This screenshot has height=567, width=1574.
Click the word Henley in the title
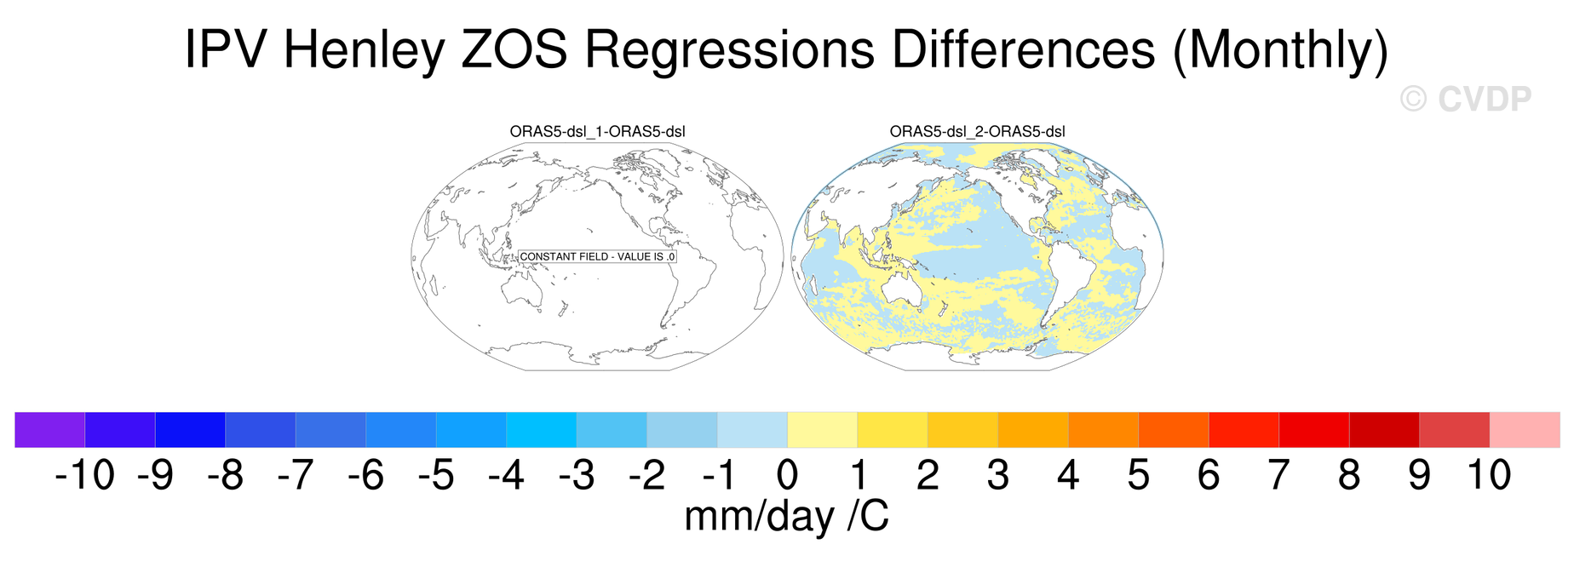pyautogui.click(x=364, y=50)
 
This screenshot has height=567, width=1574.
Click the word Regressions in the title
pyautogui.click(x=729, y=50)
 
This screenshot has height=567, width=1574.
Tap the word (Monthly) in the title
pyautogui.click(x=1280, y=50)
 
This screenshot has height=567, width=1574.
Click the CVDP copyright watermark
pyautogui.click(x=1465, y=99)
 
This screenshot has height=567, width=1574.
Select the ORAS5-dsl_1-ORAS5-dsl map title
pyautogui.click(x=597, y=132)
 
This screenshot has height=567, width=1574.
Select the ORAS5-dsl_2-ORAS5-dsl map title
pyautogui.click(x=977, y=132)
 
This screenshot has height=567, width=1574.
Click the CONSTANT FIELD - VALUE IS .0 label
pyautogui.click(x=597, y=256)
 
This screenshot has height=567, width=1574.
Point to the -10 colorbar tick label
pyautogui.click(x=84, y=475)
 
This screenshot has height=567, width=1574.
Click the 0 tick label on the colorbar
pyautogui.click(x=788, y=475)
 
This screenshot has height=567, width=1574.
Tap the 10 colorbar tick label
pyautogui.click(x=1489, y=475)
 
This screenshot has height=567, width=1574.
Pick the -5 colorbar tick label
pyautogui.click(x=436, y=475)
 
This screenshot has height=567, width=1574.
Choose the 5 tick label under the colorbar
pyautogui.click(x=1139, y=475)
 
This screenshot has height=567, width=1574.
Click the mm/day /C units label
pyautogui.click(x=787, y=516)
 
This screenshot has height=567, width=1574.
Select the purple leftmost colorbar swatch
pyautogui.click(x=50, y=430)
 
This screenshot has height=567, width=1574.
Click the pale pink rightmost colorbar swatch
pyautogui.click(x=1525, y=430)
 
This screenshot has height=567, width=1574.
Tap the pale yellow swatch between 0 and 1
pyautogui.click(x=823, y=430)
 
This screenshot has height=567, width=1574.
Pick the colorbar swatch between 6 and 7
pyautogui.click(x=1244, y=430)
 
